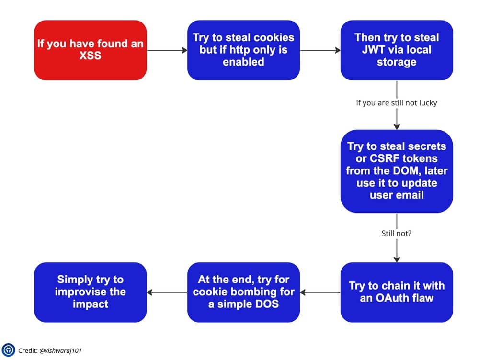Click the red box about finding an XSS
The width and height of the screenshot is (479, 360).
[x=91, y=50]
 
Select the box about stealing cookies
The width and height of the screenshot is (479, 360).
[x=243, y=50]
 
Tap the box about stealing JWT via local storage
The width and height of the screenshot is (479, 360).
[x=397, y=50]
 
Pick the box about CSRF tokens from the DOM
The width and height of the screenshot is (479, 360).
[x=397, y=171]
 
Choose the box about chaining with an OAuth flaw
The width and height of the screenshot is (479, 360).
[x=397, y=292]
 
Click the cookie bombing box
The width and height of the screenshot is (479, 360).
[x=243, y=292]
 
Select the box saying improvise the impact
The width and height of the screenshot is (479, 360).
[x=91, y=292]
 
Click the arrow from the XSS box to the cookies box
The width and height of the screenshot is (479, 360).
[x=167, y=50]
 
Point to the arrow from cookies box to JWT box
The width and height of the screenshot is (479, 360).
[x=320, y=50]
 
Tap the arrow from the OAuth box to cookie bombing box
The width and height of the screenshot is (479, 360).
[x=320, y=292]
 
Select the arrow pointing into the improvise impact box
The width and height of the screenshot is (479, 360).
[x=167, y=292]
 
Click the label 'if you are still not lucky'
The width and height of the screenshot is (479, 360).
[x=397, y=103]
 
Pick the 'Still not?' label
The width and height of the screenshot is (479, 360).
[x=397, y=233]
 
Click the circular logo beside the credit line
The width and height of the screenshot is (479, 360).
[x=8, y=350]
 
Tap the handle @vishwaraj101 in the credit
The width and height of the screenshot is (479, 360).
[x=60, y=350]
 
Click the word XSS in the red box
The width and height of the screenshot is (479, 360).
[x=90, y=56]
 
